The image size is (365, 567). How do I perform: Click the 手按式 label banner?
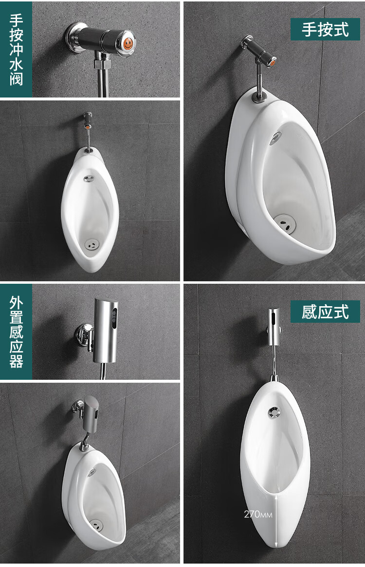(x=325, y=29)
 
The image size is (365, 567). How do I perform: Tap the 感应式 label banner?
(x=325, y=312)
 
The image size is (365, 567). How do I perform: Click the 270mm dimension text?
(x=258, y=514)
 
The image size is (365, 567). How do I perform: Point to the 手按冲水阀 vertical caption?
(x=16, y=49)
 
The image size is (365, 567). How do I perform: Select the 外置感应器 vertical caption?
(x=16, y=332)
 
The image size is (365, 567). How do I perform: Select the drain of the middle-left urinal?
(x=91, y=244)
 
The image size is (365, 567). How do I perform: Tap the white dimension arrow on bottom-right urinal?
(x=276, y=520)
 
